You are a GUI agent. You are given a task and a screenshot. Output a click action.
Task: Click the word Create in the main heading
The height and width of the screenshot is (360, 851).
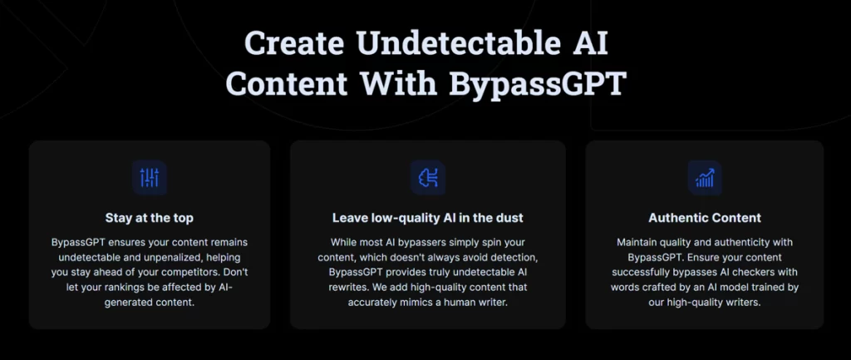click(293, 43)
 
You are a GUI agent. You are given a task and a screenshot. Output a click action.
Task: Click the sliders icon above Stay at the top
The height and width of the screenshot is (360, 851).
click(150, 178)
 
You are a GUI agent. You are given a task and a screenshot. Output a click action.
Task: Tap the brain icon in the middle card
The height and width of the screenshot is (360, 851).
click(428, 178)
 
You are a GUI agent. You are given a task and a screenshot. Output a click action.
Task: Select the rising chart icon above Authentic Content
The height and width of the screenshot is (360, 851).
click(705, 178)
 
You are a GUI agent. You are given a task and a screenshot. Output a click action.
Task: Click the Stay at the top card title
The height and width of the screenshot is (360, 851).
click(150, 219)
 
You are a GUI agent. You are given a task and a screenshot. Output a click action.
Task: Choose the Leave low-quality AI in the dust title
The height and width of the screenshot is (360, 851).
click(428, 219)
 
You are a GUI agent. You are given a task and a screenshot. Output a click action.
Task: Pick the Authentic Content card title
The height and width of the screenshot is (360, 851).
click(705, 219)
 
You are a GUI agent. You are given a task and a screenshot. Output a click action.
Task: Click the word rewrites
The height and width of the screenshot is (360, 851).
click(347, 287)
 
